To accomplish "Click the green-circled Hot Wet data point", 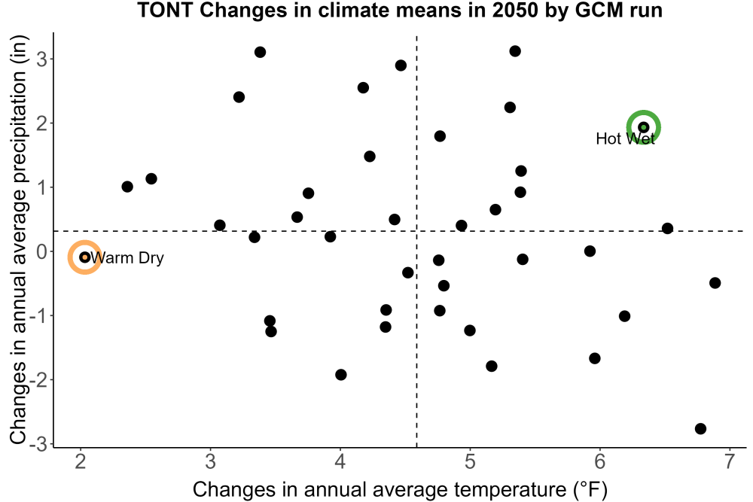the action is [x=644, y=127].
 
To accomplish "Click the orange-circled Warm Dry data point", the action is [x=84, y=257].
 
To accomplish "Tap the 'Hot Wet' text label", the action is [x=625, y=138].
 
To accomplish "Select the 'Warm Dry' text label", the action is [x=127, y=257].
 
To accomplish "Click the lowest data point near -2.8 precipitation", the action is [x=700, y=428].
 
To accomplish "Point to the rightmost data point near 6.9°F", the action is [x=715, y=283].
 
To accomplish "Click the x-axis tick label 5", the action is [x=470, y=461].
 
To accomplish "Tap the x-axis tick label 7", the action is [x=730, y=461].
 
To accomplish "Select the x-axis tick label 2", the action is [x=81, y=461].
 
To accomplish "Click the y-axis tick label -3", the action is [x=39, y=444].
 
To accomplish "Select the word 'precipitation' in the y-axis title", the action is [x=20, y=128].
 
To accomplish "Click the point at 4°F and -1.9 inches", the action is [x=341, y=375].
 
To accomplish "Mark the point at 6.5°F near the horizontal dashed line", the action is [x=667, y=229].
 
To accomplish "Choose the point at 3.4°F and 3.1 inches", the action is [x=261, y=53].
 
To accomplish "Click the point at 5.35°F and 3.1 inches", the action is [x=515, y=51].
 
